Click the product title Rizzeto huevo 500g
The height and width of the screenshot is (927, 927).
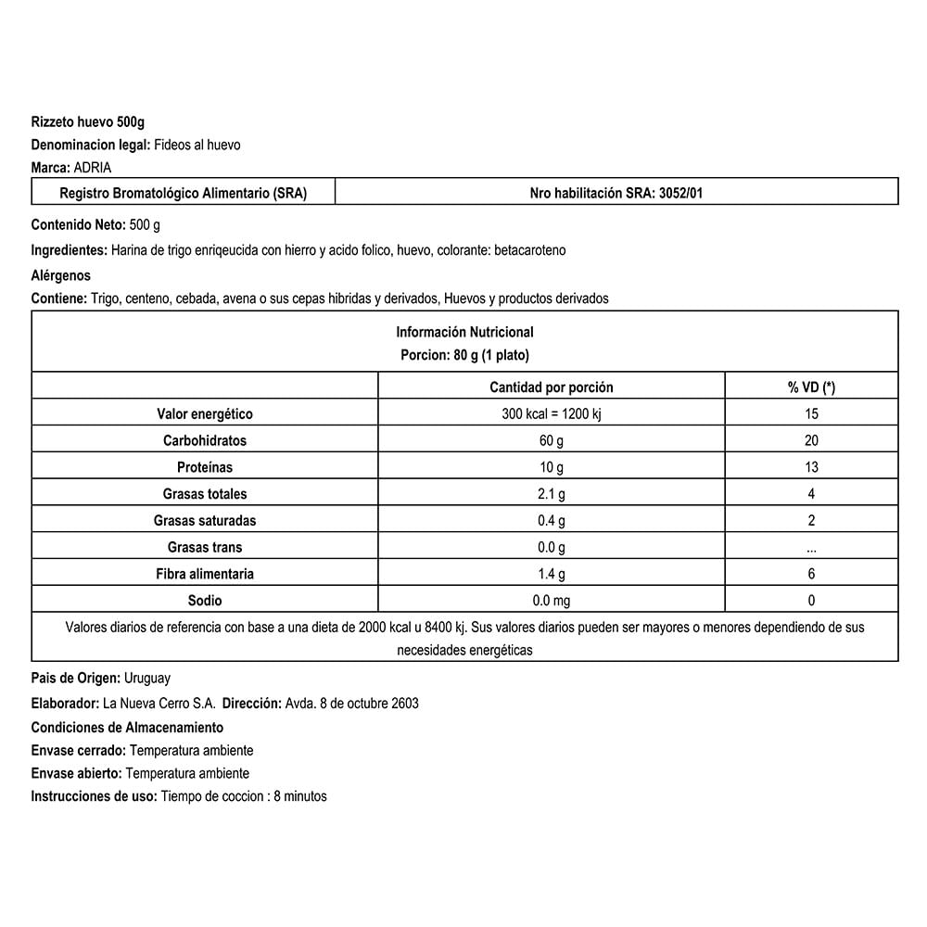point(88,121)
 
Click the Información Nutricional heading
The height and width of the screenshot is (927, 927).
point(464,332)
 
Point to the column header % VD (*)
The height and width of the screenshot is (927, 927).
point(811,387)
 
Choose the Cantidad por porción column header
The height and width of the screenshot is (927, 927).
point(551,387)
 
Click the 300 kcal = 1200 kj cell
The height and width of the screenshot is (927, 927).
point(551,414)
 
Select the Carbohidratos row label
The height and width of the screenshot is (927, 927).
point(205,440)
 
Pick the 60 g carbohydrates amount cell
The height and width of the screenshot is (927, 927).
point(551,440)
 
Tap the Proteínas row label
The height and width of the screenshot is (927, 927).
point(205,467)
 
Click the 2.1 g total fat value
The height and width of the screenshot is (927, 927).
point(551,494)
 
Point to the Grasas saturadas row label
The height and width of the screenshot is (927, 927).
point(205,521)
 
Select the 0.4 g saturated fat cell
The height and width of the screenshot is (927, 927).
point(551,521)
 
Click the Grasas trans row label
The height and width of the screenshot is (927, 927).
point(205,547)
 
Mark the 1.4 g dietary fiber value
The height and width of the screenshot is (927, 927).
point(551,574)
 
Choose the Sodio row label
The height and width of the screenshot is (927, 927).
point(205,601)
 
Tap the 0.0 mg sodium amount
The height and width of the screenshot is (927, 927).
point(551,601)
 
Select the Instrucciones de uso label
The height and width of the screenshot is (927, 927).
point(94,796)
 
